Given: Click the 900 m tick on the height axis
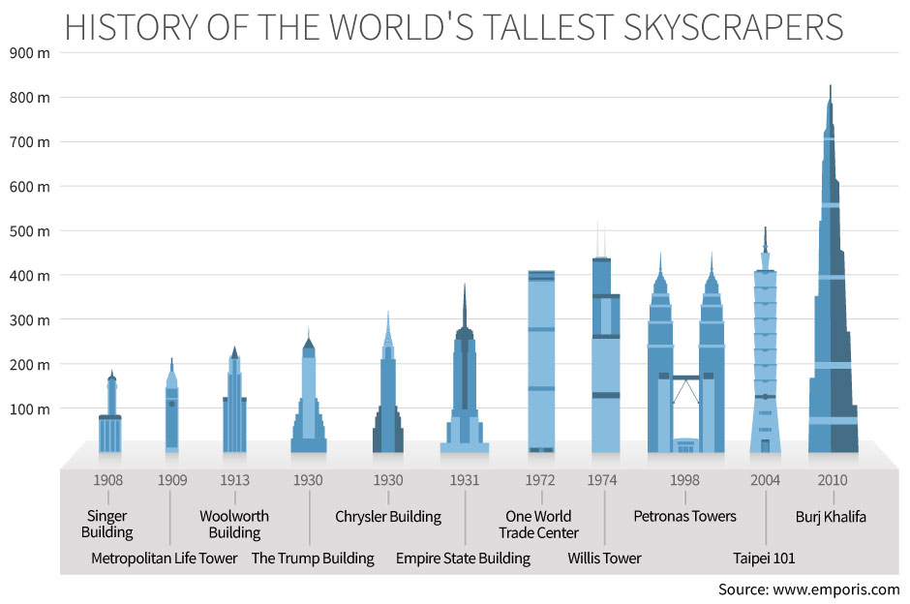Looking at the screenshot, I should tap(29, 52).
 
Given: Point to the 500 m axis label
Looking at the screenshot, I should tap(29, 230).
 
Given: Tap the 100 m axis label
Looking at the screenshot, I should tap(29, 408).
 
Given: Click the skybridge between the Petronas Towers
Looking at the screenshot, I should tap(685, 377).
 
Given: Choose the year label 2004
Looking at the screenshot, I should tap(765, 480).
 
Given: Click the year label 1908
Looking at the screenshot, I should tap(107, 480).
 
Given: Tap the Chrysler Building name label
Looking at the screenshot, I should tap(388, 516).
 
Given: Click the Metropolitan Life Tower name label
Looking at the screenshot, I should tap(164, 558).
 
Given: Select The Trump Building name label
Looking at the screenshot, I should tap(313, 558).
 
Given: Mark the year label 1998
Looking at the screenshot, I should tap(684, 480).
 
